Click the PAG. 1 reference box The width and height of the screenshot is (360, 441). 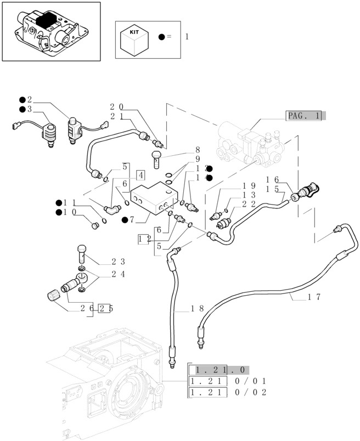pyautogui.click(x=305, y=115)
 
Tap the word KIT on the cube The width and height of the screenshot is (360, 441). pyautogui.click(x=134, y=32)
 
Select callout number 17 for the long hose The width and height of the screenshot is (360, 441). pyautogui.click(x=314, y=297)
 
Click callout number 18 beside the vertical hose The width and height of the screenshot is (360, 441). pyautogui.click(x=198, y=309)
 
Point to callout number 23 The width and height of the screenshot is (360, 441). pyautogui.click(x=119, y=262)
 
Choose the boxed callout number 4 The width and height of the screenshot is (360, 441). pyautogui.click(x=140, y=175)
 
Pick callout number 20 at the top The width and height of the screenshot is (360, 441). pyautogui.click(x=116, y=106)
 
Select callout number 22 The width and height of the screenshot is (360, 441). pyautogui.click(x=249, y=203)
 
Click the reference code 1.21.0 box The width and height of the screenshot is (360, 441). pyautogui.click(x=218, y=370)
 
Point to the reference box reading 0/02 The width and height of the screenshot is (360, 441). pyautogui.click(x=250, y=392)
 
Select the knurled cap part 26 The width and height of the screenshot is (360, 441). pyautogui.click(x=53, y=298)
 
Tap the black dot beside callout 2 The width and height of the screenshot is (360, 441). pyautogui.click(x=22, y=100)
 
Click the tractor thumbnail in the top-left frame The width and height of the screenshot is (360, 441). pyautogui.click(x=51, y=31)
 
